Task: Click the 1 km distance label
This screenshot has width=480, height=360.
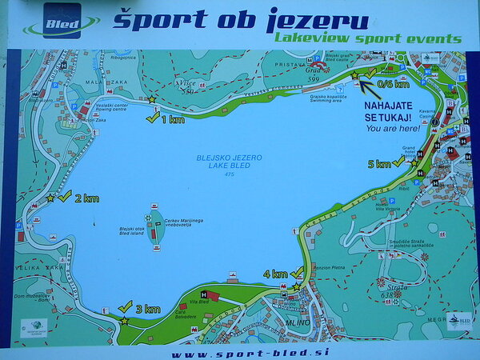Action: coord(172,119)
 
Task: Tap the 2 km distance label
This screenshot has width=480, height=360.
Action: coord(87,198)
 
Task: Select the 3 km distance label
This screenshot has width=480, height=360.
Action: coord(148,309)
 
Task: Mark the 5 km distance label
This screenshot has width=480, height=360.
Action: coord(379,164)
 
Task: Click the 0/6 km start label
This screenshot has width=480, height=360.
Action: coord(393,83)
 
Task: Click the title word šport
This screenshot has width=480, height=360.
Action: coord(149,19)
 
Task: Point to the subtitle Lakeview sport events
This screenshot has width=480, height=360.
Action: coord(368,38)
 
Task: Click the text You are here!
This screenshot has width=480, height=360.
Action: coord(392,128)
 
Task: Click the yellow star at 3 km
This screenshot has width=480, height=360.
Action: coord(124,321)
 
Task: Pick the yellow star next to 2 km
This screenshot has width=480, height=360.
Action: coord(51,197)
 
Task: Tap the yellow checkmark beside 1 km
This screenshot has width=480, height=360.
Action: coord(152,118)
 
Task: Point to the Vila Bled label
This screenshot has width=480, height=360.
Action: coord(199,302)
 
